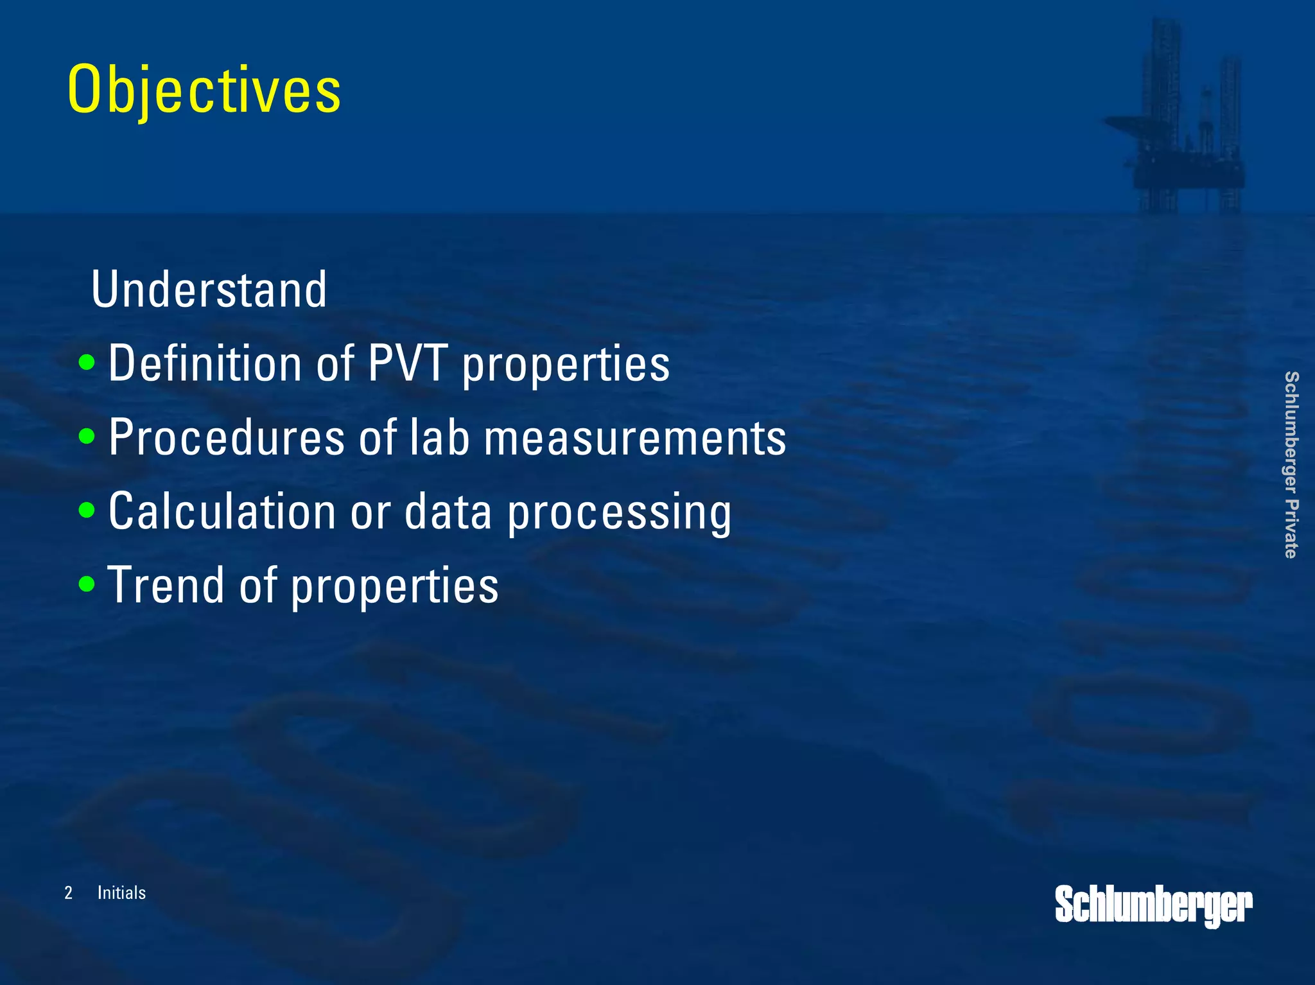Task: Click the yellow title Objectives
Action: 204,90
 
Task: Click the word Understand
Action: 209,290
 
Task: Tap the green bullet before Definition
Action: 87,363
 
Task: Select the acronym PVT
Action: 407,363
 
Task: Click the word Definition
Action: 205,363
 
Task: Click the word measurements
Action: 634,437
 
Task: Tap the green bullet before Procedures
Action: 87,437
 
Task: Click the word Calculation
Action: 222,512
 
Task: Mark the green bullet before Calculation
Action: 87,511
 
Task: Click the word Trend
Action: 166,585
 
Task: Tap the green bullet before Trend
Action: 87,585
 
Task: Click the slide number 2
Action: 68,893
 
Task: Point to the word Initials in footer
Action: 121,893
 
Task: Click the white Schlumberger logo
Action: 1153,905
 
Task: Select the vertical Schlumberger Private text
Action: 1291,464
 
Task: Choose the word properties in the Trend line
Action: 394,587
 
